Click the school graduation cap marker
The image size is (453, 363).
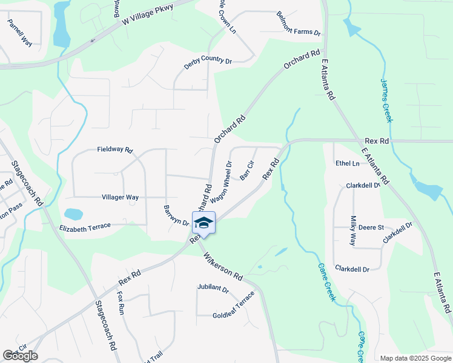pos(204,223)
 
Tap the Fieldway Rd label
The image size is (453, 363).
pos(114,149)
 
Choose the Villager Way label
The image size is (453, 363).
pos(120,197)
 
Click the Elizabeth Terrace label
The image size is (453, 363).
pos(85,227)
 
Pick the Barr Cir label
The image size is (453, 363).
pos(246,171)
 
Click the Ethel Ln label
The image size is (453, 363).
pos(347,163)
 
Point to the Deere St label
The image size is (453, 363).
pos(371,227)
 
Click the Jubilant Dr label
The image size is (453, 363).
pos(213,289)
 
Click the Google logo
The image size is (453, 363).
pos(20,356)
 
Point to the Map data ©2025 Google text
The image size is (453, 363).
pos(415,358)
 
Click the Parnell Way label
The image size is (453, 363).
pos(20,32)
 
